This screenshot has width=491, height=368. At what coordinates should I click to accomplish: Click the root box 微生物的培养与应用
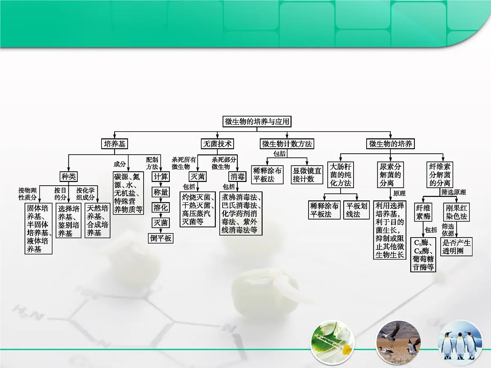[x=257, y=121]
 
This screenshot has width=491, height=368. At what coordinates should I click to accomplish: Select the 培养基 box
[x=115, y=144]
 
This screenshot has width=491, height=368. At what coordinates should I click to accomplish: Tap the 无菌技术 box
[x=217, y=144]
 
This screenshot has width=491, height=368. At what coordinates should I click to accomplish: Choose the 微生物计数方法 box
[x=287, y=144]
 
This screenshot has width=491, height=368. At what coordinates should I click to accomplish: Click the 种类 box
[x=69, y=177]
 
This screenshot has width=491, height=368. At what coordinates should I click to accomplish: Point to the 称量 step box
[x=161, y=192]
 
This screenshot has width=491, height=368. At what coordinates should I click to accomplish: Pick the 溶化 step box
[x=161, y=208]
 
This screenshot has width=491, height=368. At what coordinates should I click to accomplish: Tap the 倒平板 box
[x=161, y=238]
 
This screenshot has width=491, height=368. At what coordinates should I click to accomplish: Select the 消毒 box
[x=237, y=177]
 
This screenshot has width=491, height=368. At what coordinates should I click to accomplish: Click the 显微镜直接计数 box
[x=307, y=175]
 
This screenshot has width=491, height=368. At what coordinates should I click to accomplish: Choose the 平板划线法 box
[x=356, y=210]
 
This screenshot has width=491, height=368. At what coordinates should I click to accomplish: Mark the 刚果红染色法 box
[x=456, y=212]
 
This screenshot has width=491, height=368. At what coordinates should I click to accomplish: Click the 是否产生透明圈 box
[x=456, y=247]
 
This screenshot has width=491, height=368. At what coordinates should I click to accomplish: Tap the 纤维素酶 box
[x=423, y=212]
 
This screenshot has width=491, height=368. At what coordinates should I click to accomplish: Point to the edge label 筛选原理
[x=453, y=192]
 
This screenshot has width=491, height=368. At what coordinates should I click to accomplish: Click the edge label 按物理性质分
[x=27, y=194]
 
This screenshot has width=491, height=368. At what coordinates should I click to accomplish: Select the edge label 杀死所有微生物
[x=184, y=163]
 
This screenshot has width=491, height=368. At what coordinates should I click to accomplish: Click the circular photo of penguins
[x=460, y=342]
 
